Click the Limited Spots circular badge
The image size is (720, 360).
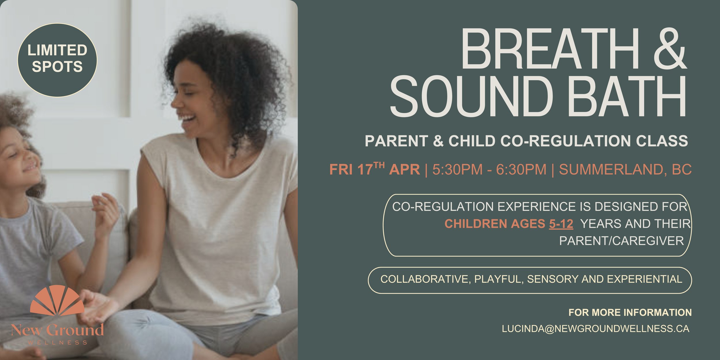pos(57,60)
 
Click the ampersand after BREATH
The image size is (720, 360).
pos(670,49)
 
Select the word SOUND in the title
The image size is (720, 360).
pos(471,96)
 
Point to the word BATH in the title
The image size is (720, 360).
pos(628,96)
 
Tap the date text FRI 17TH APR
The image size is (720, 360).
pos(374,169)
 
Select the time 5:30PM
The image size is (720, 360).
pos(457,169)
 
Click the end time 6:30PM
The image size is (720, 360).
pos(521,169)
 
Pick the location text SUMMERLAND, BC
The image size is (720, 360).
pos(625,169)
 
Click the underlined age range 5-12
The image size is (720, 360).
pos(561,224)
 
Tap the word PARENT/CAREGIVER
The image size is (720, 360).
pos(622,241)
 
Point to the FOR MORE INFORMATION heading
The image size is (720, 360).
pos(630,312)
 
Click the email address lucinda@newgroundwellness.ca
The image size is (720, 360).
pos(596,329)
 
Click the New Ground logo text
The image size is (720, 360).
pos(57,330)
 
